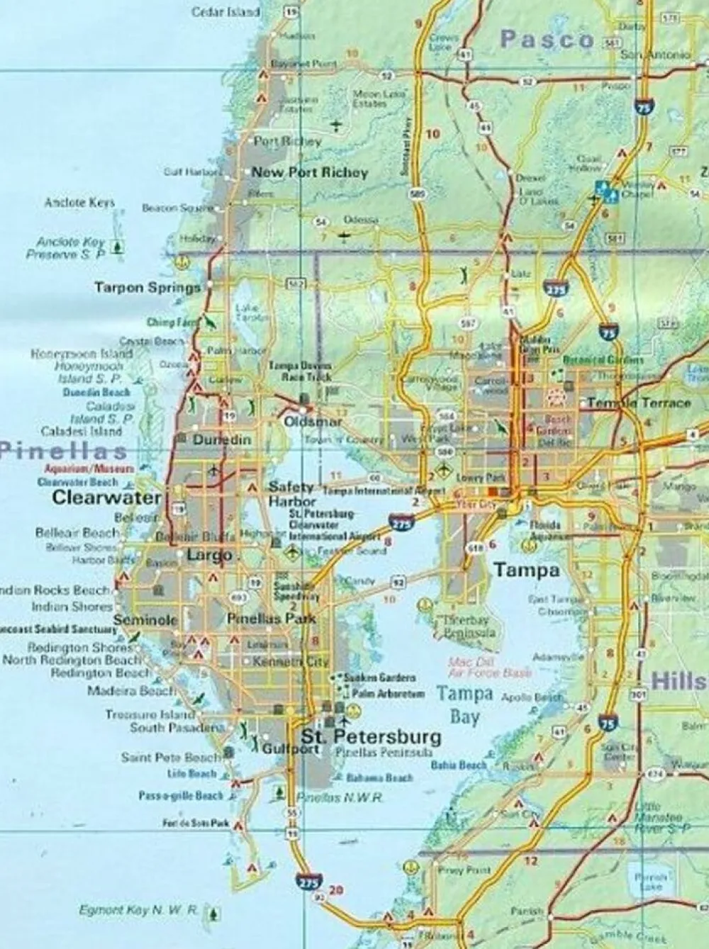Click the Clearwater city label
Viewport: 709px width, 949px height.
click(106, 498)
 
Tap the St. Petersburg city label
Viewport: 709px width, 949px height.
click(371, 736)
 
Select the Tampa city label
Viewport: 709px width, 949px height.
click(526, 570)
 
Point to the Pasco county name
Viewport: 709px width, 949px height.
click(547, 40)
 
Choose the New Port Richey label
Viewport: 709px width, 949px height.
click(310, 172)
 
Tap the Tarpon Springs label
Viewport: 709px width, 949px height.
click(147, 287)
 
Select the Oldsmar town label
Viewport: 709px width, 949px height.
click(312, 422)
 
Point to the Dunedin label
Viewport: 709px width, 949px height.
click(222, 439)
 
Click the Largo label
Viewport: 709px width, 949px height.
click(210, 555)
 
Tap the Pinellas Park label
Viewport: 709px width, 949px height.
click(262, 619)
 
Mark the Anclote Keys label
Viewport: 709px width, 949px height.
click(79, 203)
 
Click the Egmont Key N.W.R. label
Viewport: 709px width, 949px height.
click(138, 911)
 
